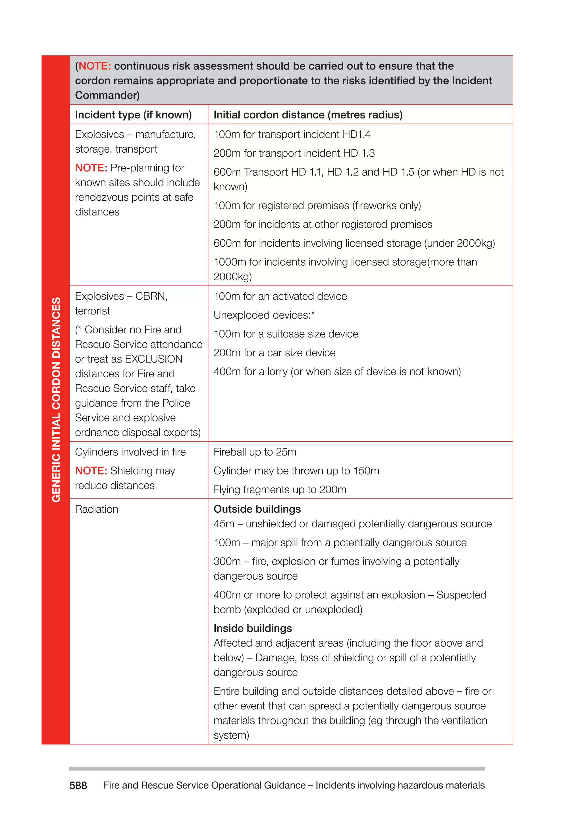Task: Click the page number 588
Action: (78, 785)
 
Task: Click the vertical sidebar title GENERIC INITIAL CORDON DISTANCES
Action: (56, 400)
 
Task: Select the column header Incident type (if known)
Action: (133, 115)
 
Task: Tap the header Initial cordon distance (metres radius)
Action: (308, 115)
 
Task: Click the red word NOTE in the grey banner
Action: (95, 66)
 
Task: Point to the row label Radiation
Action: (96, 509)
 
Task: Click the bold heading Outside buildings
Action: (257, 509)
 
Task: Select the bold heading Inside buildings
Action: (253, 628)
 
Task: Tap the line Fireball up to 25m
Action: (255, 452)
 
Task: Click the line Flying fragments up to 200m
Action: (280, 490)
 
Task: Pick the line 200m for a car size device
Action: (275, 353)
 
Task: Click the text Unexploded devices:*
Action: (264, 315)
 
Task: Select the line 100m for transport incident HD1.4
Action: (292, 134)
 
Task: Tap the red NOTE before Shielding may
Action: (91, 471)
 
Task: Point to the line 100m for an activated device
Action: (280, 296)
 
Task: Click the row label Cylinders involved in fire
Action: (130, 452)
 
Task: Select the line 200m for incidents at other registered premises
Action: (323, 225)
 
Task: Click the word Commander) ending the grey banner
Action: (107, 95)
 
